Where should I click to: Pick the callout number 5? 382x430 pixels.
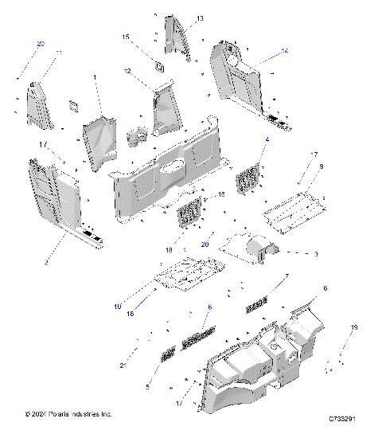[x=147, y=386]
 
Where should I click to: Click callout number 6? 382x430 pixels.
[x=325, y=287]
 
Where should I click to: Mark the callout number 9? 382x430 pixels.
[x=321, y=166]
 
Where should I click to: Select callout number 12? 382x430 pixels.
[x=127, y=71]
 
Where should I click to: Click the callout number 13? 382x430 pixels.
[x=200, y=18]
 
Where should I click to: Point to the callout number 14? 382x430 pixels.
[x=284, y=50]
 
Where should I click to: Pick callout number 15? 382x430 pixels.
[x=125, y=37]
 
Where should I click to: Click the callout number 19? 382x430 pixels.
[x=355, y=327]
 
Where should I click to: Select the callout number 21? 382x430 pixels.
[x=123, y=365]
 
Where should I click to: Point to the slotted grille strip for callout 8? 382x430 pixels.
[x=199, y=339]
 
